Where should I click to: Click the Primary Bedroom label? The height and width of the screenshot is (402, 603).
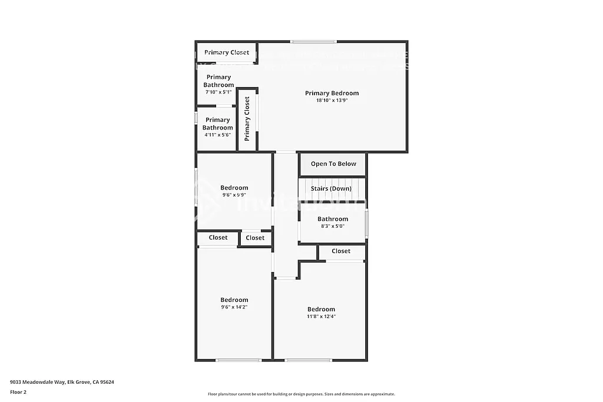332,93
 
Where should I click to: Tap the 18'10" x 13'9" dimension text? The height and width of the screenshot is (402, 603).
332,101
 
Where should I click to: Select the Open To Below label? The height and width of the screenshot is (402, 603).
333,164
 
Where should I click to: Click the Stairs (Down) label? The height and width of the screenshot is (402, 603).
331,188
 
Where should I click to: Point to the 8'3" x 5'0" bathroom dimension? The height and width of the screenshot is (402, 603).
333,226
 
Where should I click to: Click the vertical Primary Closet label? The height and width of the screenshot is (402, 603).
247,118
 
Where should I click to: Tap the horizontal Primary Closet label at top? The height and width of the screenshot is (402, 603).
227,52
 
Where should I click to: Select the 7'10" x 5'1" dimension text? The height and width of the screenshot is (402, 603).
218,92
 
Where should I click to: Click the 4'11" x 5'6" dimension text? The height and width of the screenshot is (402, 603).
217,135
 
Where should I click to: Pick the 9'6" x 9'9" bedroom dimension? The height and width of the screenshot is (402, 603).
234,195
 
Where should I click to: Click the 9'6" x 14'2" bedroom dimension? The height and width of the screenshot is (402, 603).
234,307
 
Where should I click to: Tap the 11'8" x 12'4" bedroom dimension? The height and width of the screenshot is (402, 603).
321,316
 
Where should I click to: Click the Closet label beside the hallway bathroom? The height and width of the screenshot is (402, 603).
341,251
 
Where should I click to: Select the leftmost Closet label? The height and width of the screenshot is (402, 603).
218,238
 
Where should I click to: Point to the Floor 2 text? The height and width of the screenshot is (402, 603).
18,391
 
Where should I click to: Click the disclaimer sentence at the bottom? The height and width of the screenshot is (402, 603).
301,394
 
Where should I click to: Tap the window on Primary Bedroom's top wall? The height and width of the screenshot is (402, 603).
313,41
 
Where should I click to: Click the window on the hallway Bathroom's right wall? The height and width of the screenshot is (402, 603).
366,224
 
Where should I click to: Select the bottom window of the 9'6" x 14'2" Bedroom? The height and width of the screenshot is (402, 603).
238,360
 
